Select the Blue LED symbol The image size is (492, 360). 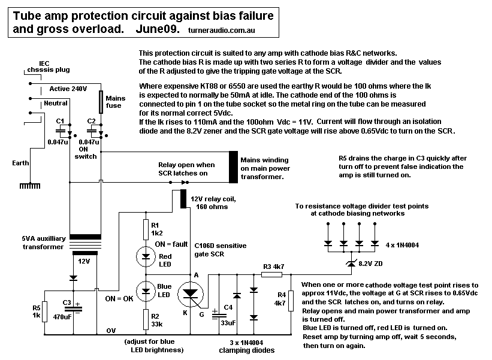coord(146,292)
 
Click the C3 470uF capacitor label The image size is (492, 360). coord(62,310)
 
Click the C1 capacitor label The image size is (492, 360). coord(60,121)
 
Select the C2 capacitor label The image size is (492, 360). coord(91,121)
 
